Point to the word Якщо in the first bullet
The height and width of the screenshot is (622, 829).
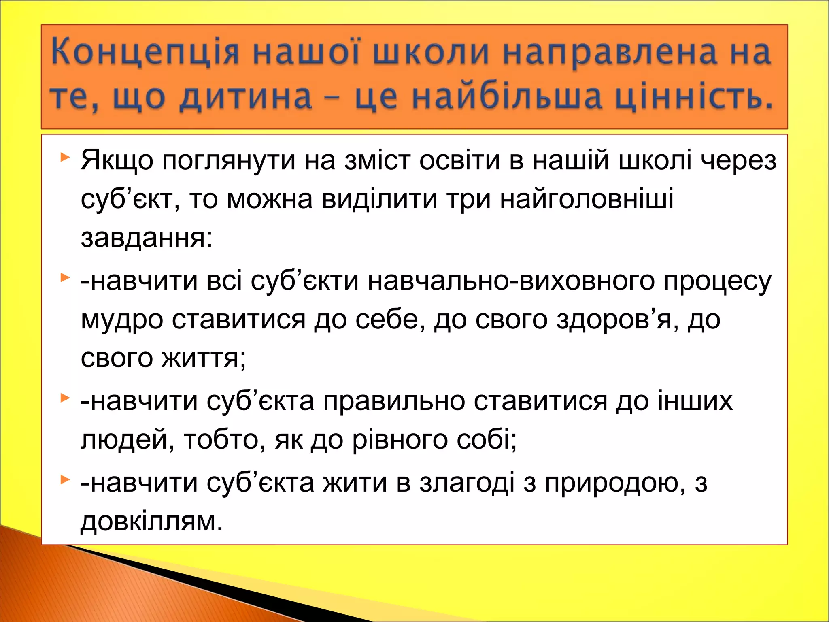pos(117,161)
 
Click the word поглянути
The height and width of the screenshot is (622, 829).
pos(229,161)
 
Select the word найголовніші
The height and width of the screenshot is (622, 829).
pos(587,199)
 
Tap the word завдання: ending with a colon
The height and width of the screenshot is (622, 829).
pos(147,238)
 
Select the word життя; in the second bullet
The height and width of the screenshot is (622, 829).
pos(204,358)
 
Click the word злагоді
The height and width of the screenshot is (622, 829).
pos(467,483)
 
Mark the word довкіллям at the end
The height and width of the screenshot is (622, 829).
pos(152,522)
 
